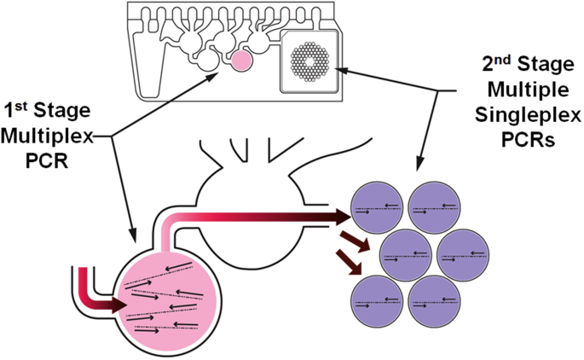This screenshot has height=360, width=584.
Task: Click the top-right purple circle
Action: point(435,208)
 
